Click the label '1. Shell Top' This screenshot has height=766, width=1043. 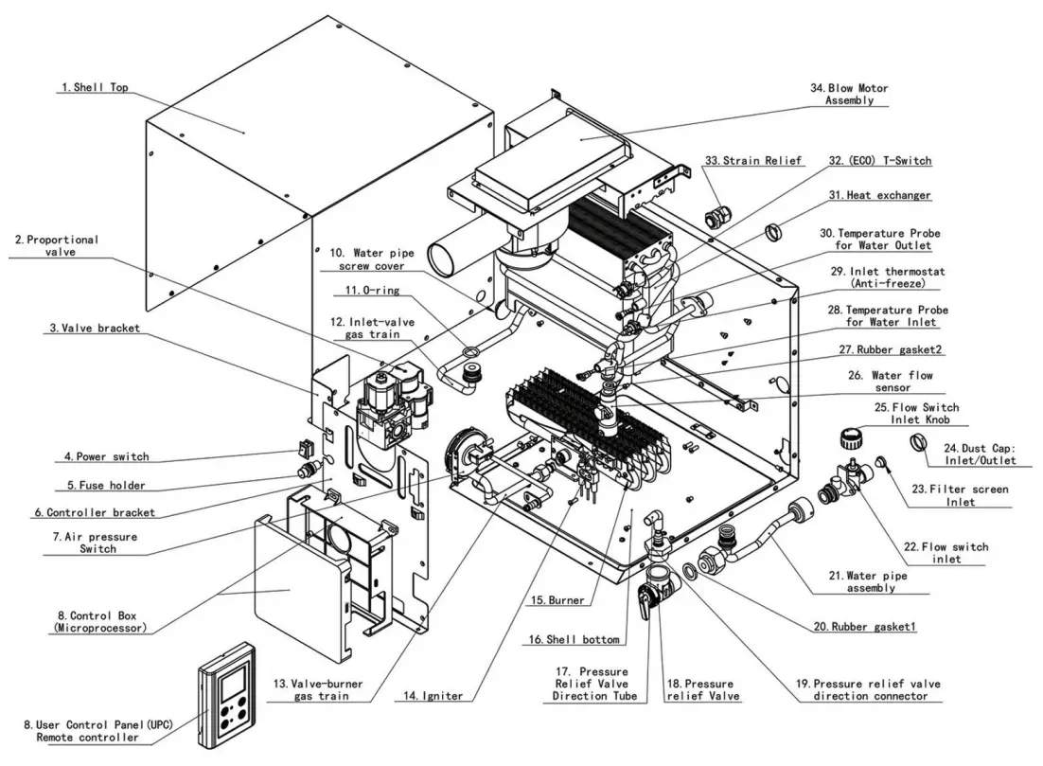(95, 88)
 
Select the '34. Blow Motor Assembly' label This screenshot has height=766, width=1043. (849, 95)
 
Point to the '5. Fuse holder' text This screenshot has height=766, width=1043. (105, 486)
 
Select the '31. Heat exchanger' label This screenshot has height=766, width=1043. (879, 195)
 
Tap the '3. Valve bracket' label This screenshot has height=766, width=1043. (95, 329)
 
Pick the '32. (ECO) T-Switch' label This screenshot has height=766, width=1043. (879, 161)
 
